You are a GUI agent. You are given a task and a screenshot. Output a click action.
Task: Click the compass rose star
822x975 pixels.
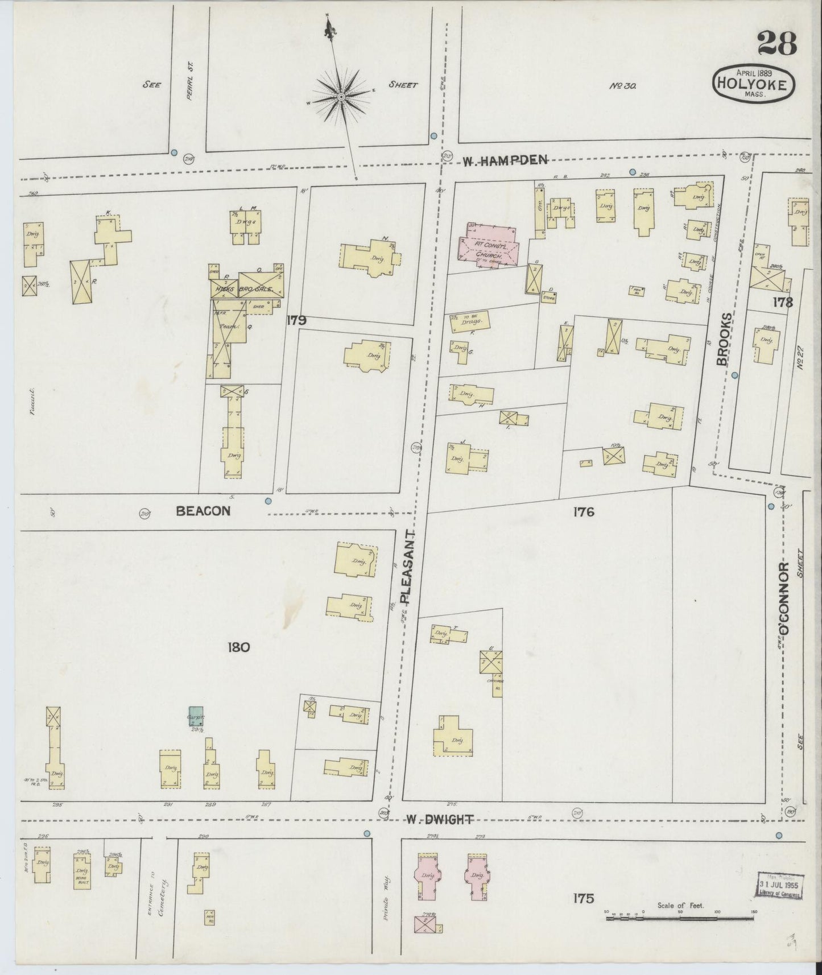(x=341, y=98)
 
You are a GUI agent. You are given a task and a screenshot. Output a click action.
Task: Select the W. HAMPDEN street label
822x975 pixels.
(x=504, y=161)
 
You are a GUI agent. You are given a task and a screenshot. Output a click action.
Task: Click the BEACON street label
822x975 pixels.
(x=203, y=511)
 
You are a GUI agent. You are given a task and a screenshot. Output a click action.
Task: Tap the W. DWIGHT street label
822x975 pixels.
(x=439, y=820)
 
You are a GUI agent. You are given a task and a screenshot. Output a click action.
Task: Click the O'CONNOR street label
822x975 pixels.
(x=784, y=598)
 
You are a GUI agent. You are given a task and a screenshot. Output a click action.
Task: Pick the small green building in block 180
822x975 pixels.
(x=196, y=715)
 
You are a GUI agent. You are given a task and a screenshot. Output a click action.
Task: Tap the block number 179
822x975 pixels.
(x=296, y=321)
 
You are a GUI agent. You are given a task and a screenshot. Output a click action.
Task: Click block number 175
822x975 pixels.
(x=584, y=899)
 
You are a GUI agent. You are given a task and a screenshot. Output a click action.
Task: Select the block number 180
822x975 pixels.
(x=238, y=647)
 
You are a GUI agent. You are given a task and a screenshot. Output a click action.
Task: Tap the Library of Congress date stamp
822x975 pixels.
(x=780, y=886)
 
